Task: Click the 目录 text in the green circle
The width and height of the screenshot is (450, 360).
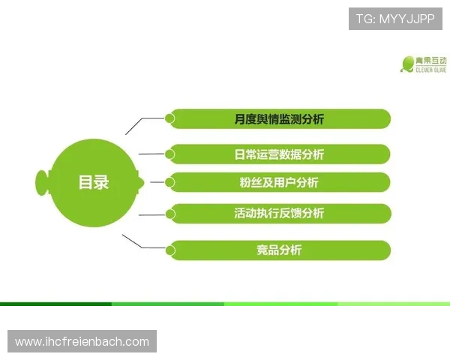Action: (94, 181)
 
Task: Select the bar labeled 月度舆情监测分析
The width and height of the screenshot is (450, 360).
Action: (279, 119)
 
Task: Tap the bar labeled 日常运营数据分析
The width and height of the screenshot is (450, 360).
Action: (279, 154)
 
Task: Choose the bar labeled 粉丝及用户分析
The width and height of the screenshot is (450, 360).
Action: (279, 182)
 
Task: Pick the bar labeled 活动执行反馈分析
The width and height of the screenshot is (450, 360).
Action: (279, 213)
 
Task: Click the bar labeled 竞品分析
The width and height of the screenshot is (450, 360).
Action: (279, 250)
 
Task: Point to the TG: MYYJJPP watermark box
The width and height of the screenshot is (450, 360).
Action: (395, 18)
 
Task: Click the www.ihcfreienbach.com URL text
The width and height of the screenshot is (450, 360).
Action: (82, 342)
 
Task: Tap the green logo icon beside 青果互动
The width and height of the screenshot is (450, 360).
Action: (408, 64)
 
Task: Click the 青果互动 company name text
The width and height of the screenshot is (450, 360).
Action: (433, 60)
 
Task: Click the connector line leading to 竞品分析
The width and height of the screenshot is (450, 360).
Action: (142, 242)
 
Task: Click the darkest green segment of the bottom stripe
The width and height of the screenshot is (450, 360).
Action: (55, 304)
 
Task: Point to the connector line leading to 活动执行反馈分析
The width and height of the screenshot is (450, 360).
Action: (152, 214)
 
